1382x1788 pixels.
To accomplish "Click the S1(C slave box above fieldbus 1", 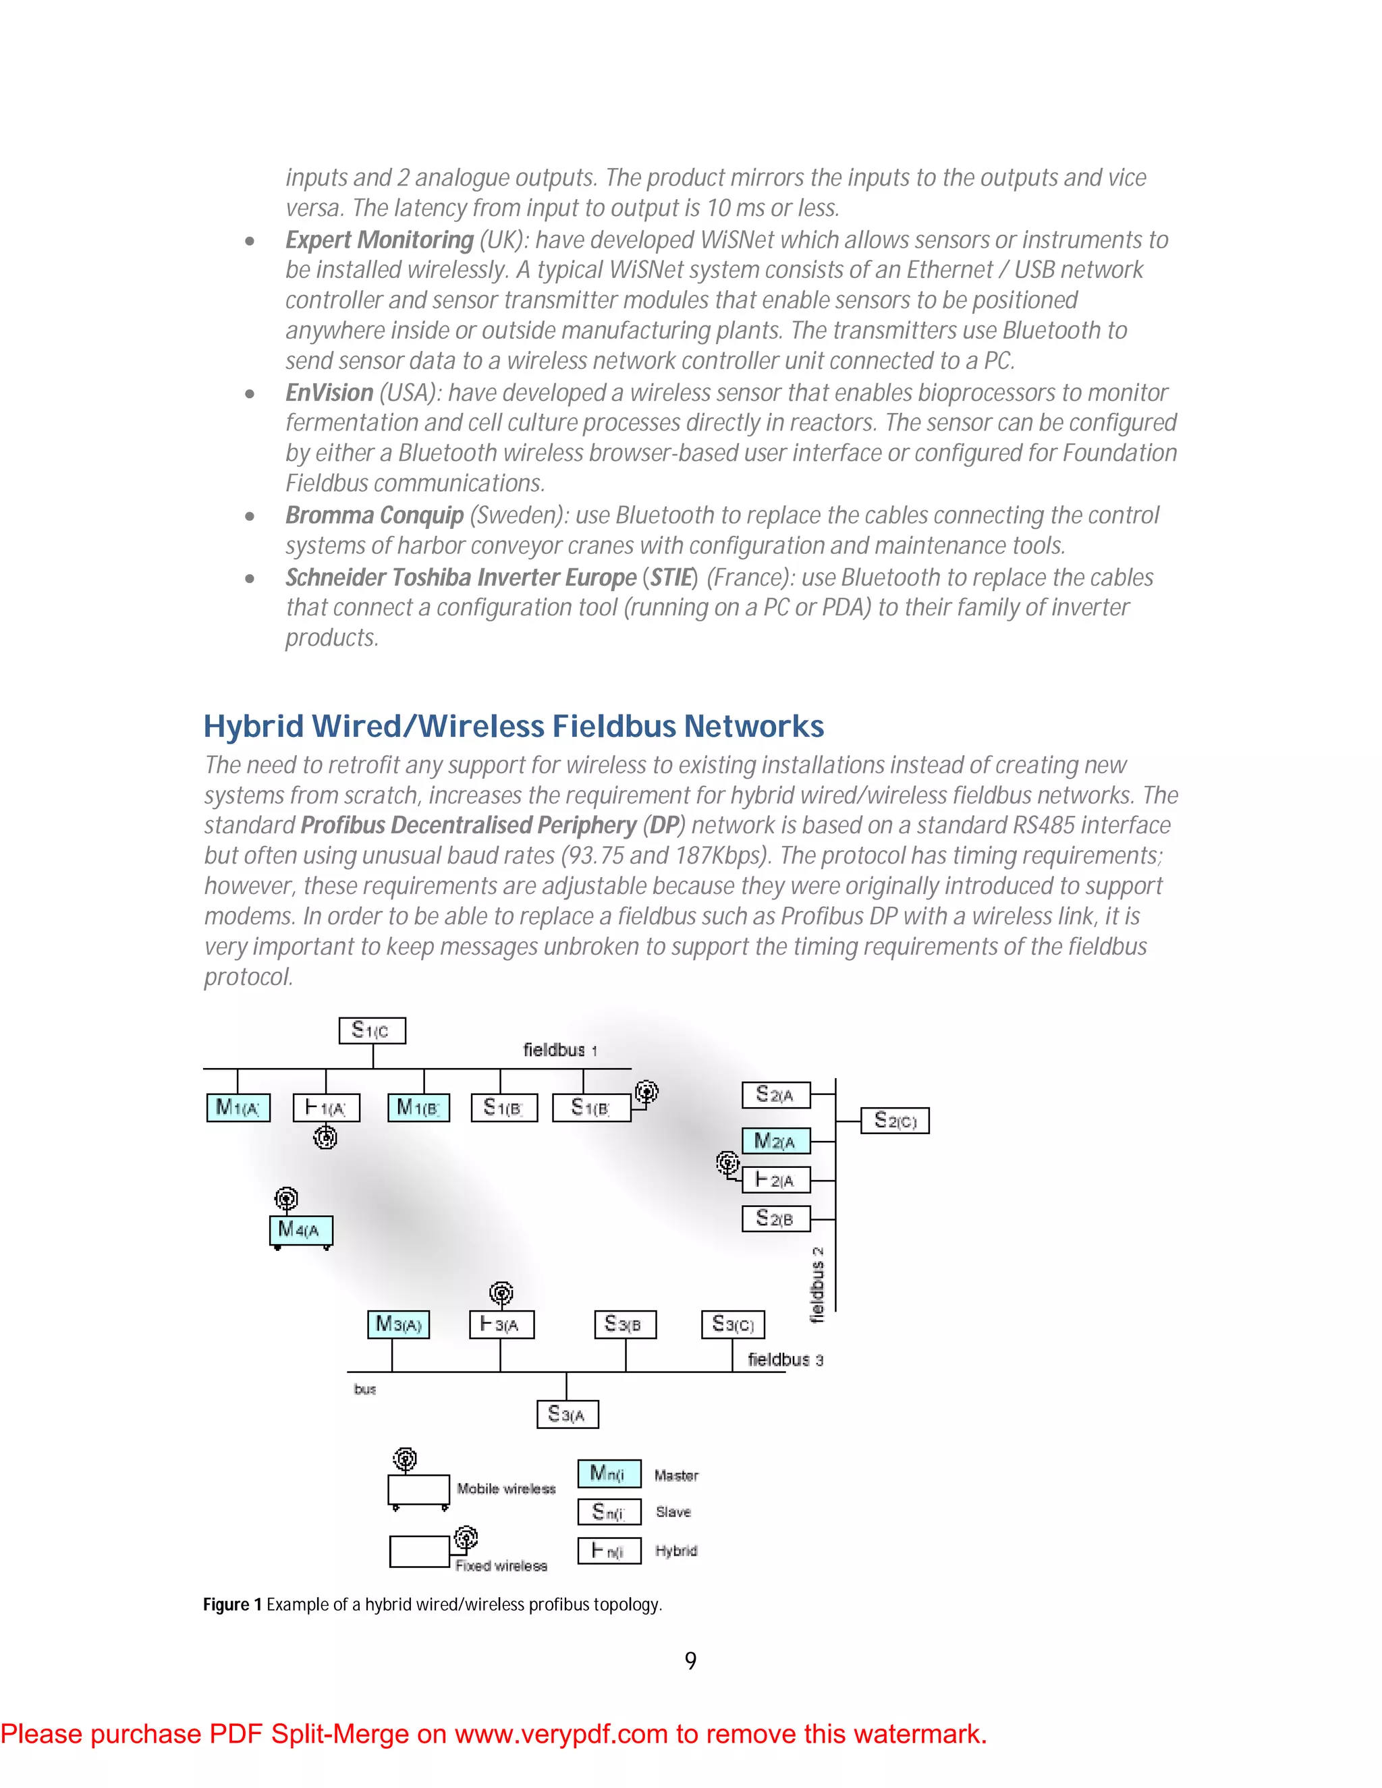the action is tap(372, 1030).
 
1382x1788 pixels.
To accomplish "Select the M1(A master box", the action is tap(238, 1108).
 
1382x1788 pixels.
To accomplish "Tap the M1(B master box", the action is tap(418, 1108).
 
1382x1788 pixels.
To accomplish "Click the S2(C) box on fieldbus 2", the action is tap(895, 1120).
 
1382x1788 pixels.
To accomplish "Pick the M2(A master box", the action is tap(775, 1140).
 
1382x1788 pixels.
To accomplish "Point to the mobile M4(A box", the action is tap(300, 1229).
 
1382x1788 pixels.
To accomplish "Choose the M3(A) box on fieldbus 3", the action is tap(399, 1324).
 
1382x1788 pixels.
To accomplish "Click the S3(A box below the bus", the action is tap(568, 1414).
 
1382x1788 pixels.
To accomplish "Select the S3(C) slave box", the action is tap(733, 1324).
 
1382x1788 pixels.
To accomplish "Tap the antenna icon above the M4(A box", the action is tap(285, 1200).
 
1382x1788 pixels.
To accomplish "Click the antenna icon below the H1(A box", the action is tap(326, 1136).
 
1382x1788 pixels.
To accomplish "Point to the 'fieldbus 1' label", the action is tap(560, 1050).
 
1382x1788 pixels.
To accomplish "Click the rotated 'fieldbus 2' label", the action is tap(817, 1285).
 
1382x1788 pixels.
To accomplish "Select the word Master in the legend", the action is tap(676, 1475).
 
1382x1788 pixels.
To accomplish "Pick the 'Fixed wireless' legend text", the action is tap(501, 1565).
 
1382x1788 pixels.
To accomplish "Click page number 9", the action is tap(690, 1660).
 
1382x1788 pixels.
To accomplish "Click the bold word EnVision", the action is tap(329, 393).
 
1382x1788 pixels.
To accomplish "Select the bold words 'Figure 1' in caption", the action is tap(233, 1604).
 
